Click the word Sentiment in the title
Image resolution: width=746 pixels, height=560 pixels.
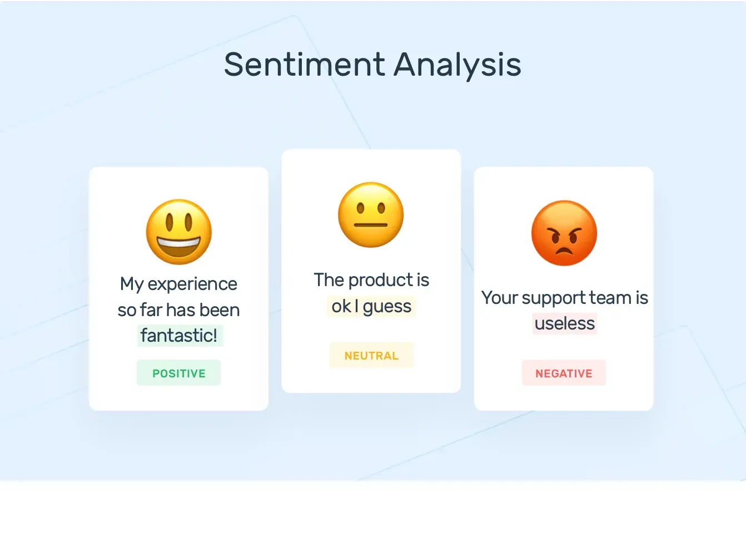coord(305,64)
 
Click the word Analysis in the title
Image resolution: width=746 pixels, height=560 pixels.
coord(457,65)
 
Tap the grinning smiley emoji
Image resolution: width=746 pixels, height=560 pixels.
coord(179,232)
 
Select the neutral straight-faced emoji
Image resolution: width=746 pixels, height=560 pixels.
coord(371,215)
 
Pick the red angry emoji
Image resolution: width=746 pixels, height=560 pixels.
coord(564,233)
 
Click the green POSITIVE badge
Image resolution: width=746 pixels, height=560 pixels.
coord(179,373)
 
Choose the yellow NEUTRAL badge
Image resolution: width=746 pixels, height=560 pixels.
coord(371,355)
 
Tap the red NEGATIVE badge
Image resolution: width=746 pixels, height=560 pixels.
coord(564,373)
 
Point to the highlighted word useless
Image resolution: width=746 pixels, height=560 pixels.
coord(565,323)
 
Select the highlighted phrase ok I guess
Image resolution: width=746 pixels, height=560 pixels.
coord(371,306)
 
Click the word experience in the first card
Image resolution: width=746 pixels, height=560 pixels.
coord(192,284)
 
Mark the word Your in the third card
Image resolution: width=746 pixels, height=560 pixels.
coord(500,298)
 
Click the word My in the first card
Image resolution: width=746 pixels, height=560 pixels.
coord(132,284)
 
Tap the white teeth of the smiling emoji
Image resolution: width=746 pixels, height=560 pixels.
coord(179,243)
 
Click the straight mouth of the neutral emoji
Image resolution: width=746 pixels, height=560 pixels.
coord(371,225)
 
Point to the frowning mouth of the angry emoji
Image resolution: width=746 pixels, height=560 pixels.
coord(564,252)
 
